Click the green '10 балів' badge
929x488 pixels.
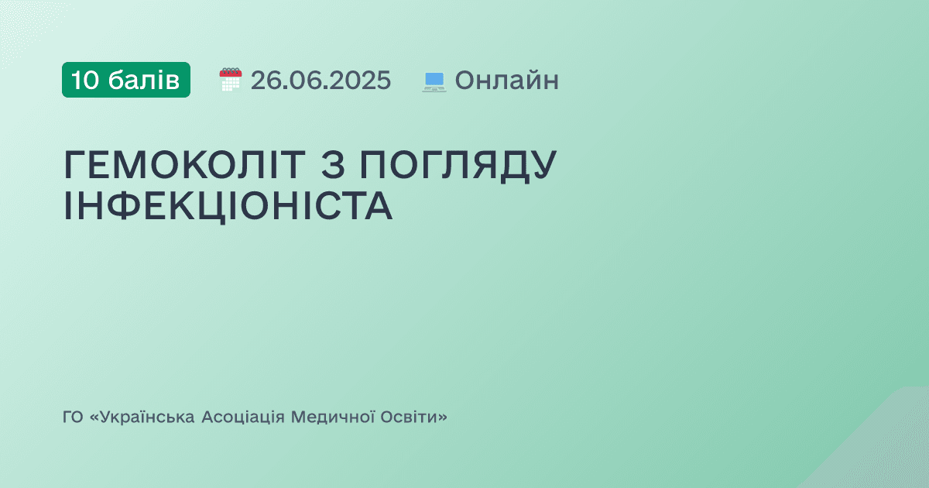[x=126, y=80]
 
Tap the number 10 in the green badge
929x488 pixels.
[x=85, y=80]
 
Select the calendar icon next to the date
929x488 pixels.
[x=231, y=80]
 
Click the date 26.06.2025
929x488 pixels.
[x=321, y=80]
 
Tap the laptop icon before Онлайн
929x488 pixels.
[x=434, y=81]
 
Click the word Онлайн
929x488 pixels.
[x=506, y=80]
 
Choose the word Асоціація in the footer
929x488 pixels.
[x=243, y=418]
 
